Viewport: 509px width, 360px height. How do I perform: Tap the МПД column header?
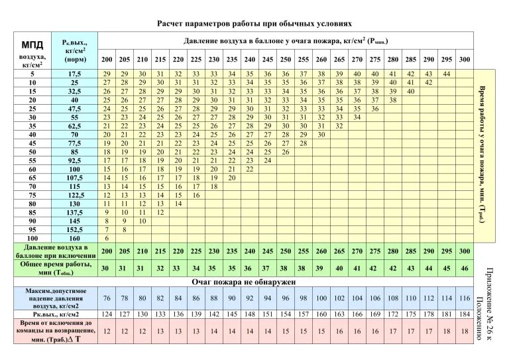[x=30, y=45]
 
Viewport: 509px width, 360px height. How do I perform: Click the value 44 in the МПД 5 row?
[x=446, y=73]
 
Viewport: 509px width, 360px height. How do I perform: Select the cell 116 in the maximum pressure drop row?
[x=464, y=298]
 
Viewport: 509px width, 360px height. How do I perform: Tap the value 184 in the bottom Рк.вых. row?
[x=464, y=313]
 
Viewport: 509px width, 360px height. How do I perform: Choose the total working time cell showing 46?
[x=464, y=268]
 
